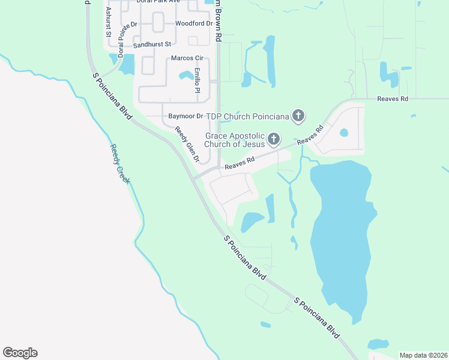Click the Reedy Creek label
[x=119, y=163]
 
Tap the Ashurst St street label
[x=109, y=22]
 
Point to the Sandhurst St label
[x=152, y=44]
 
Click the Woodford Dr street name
[x=193, y=24]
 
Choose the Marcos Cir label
[x=187, y=58]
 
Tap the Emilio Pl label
[x=197, y=81]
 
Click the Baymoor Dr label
[x=182, y=115]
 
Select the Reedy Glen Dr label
[x=187, y=145]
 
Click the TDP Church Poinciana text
[x=248, y=115]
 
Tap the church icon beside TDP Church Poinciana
[x=298, y=116]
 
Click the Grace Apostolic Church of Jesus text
[x=235, y=140]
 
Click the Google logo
[x=20, y=353]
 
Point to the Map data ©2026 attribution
[x=423, y=355]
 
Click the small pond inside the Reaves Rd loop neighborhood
[x=344, y=133]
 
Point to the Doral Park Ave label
[x=158, y=2]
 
